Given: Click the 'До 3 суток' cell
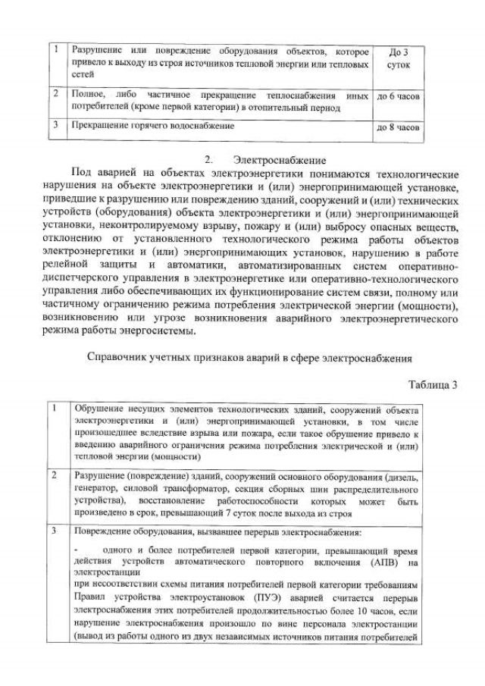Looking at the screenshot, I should [x=399, y=59].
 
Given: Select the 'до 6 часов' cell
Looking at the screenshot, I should [x=399, y=97].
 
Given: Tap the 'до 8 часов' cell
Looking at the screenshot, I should [x=399, y=128].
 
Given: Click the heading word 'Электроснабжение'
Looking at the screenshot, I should [x=280, y=160].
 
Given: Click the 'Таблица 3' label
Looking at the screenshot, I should [x=433, y=384].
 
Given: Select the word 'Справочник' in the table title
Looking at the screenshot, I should [x=119, y=357].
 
